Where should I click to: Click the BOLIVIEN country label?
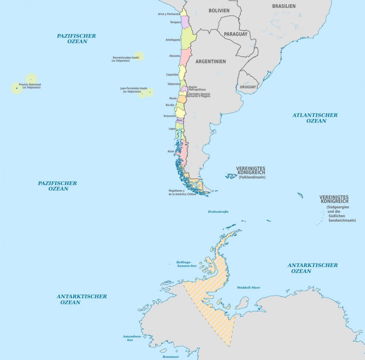tap(219, 11)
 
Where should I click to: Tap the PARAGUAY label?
tap(236, 34)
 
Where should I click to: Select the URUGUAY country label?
tap(248, 87)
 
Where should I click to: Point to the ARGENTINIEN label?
tap(210, 61)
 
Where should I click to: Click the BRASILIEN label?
tap(284, 6)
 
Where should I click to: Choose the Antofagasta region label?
tap(173, 40)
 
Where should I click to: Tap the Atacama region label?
tap(175, 56)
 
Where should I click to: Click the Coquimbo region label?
tap(172, 75)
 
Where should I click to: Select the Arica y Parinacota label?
tap(169, 14)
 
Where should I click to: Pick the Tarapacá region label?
tap(175, 22)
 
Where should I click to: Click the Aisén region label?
tap(171, 151)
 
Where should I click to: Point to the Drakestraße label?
tap(218, 211)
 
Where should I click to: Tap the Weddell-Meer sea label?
tap(249, 288)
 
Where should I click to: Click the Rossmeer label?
tap(171, 357)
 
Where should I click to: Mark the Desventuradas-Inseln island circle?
tap(139, 56)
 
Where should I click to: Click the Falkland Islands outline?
tap(231, 175)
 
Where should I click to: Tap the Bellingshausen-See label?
tap(186, 264)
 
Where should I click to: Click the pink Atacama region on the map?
tap(185, 56)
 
